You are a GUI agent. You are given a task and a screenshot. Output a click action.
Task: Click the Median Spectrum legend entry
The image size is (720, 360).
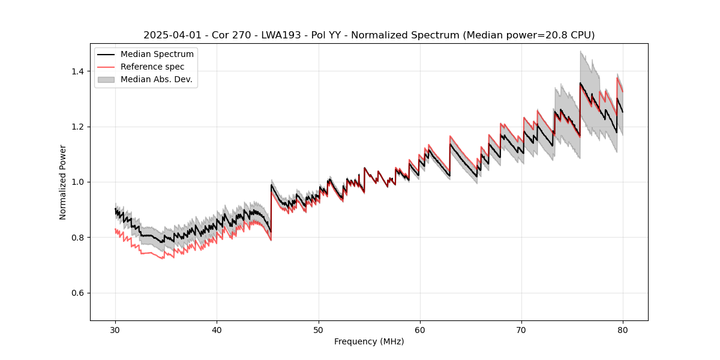pos(157,55)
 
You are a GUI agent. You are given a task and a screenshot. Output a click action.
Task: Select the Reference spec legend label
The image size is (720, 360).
pos(152,67)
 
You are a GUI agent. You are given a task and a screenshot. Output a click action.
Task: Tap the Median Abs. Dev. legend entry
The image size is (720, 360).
pos(157,79)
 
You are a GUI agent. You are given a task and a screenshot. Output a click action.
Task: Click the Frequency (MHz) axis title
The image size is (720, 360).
pos(369,341)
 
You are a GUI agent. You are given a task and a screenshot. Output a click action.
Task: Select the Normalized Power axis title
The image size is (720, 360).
pos(63,182)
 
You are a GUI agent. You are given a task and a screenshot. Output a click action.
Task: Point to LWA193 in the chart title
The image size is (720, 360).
pos(281,35)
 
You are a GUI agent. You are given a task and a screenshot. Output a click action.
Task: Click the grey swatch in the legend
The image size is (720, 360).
pos(107,79)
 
